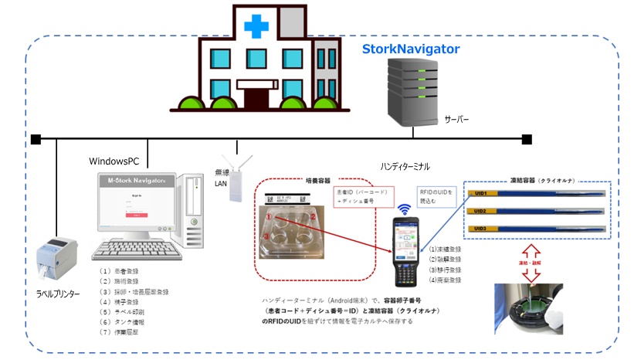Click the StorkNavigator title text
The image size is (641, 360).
coord(411,49)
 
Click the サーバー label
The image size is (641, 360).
coord(456,121)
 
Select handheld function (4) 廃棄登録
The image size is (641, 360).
coord(446,280)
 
